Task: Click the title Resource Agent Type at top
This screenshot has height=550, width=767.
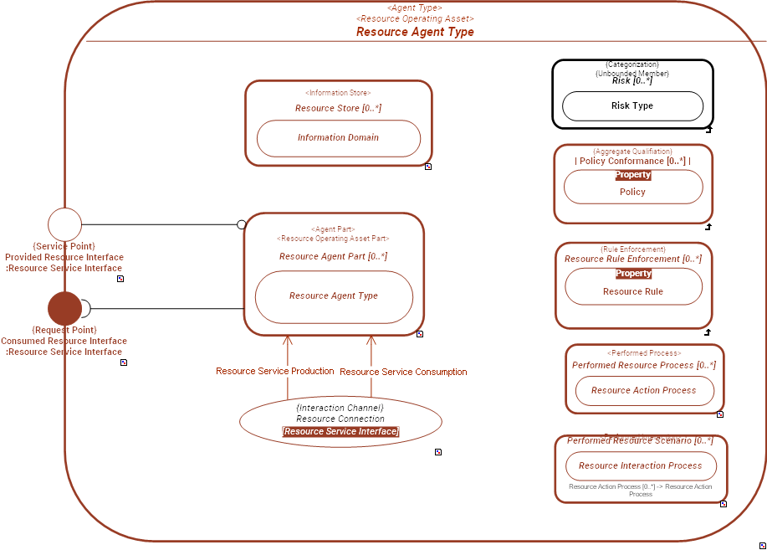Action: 415,32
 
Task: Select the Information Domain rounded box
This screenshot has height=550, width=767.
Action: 338,138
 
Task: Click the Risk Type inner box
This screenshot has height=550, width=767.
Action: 632,106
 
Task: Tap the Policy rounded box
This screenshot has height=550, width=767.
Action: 632,192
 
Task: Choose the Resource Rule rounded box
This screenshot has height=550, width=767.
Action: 632,291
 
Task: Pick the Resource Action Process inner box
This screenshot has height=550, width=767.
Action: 643,391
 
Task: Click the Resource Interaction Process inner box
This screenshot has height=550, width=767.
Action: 640,466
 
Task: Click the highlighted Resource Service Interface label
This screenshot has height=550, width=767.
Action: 340,431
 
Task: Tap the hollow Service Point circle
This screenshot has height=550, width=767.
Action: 64,224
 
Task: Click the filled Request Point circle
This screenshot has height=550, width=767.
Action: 64,308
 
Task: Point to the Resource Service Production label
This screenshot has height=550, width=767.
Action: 274,371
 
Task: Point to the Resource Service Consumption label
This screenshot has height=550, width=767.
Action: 403,372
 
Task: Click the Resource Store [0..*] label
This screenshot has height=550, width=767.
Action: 338,108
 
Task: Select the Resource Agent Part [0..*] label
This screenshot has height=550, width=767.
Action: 333,256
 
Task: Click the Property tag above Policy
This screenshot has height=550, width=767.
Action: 632,175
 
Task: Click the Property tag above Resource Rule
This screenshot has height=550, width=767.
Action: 632,274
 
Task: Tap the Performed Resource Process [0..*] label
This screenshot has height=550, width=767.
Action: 643,365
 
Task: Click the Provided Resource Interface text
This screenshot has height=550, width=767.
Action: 64,257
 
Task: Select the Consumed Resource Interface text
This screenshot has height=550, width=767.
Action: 64,341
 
